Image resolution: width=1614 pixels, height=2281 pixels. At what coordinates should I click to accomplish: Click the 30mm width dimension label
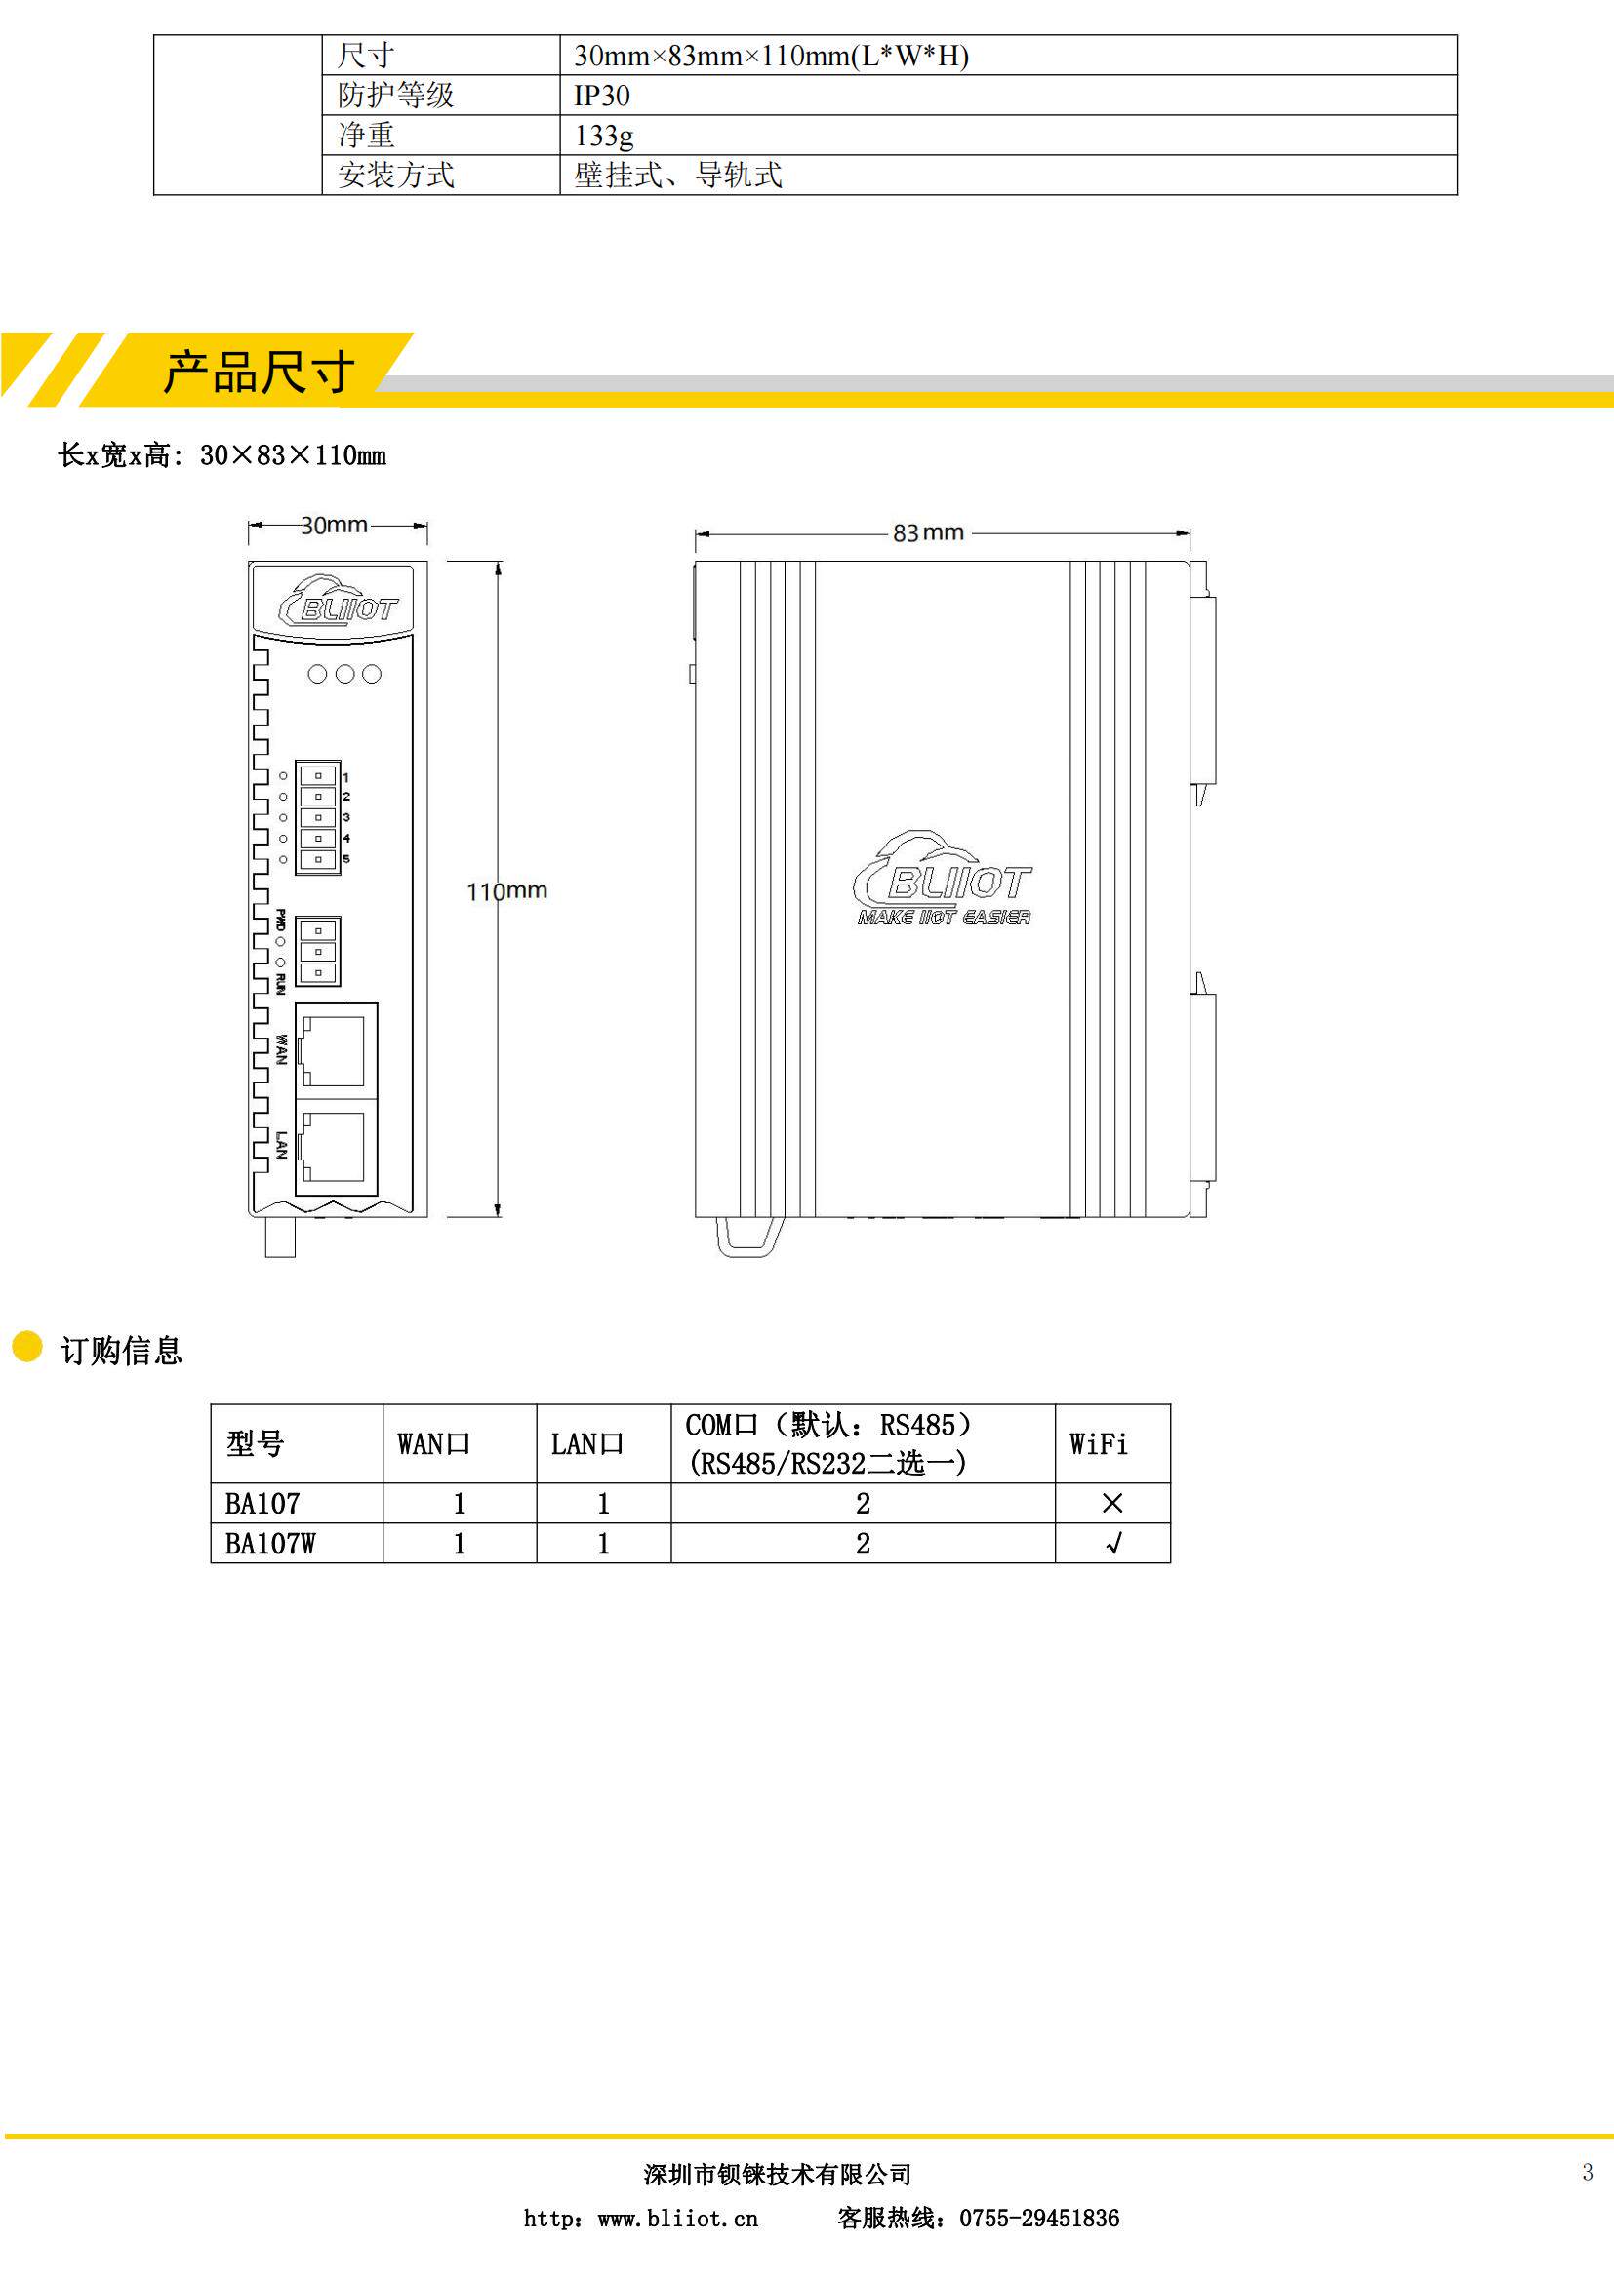coord(334,525)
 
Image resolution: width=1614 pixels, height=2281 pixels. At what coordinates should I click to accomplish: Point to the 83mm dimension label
coord(928,532)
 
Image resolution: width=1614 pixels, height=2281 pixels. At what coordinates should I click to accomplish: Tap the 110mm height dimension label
coord(506,890)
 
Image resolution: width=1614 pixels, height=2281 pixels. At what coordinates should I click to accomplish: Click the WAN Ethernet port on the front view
coord(335,1050)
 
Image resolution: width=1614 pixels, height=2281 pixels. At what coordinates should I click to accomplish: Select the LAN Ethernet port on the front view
coord(335,1147)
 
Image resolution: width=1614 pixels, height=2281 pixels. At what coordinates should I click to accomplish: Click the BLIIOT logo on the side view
coord(944,881)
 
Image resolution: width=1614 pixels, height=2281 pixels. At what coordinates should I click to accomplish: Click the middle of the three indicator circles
coord(344,675)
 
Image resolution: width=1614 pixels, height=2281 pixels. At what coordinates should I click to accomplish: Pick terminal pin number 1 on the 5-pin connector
coord(318,776)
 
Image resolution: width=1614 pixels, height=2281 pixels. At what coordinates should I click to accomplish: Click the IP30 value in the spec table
coord(601,96)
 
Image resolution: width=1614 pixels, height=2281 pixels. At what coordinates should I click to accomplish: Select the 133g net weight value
coord(603,136)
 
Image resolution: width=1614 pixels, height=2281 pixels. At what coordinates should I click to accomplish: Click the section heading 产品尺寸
coord(259,373)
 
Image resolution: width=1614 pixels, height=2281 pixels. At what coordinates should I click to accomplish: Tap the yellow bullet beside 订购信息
coord(26,1347)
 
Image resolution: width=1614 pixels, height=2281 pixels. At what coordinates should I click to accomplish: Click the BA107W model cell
coord(269,1543)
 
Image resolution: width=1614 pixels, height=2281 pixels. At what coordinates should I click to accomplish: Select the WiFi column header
coord(1098,1443)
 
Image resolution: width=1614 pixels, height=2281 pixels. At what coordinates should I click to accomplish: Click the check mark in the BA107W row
coord(1113,1543)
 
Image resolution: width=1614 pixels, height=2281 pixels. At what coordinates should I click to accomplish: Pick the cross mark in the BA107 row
coord(1112,1503)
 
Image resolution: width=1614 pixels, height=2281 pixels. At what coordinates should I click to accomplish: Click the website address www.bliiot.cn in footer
coord(677,2219)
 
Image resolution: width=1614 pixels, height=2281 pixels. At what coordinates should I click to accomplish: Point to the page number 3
coord(1588,2173)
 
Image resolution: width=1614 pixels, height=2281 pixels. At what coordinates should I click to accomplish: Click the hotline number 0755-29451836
coord(1038,2219)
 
